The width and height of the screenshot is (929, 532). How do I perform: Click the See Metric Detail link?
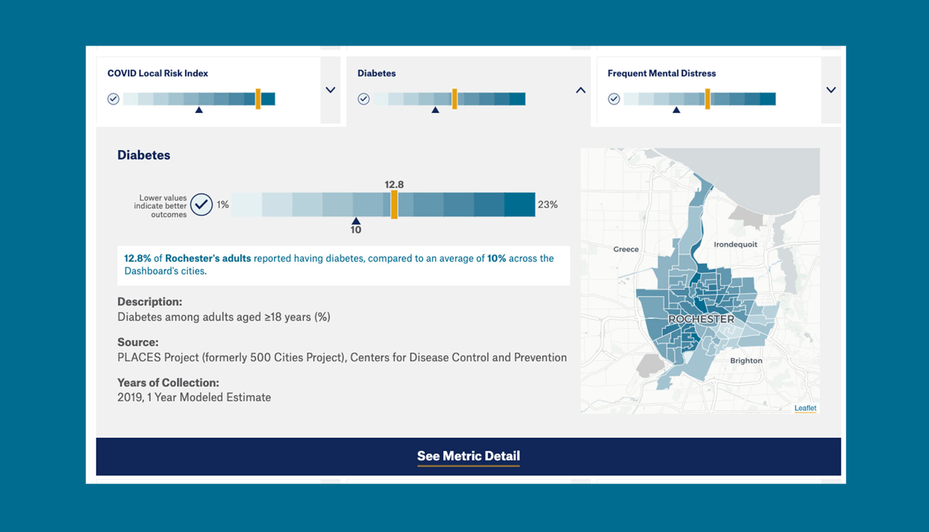[468, 456]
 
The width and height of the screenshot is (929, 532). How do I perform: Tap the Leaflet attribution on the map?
[805, 408]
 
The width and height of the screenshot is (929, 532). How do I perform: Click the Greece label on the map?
[626, 249]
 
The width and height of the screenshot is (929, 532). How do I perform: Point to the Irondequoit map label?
[735, 244]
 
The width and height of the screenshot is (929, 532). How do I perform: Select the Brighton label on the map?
[746, 360]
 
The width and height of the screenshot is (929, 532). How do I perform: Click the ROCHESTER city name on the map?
[701, 319]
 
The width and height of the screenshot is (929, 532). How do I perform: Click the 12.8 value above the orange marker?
[394, 184]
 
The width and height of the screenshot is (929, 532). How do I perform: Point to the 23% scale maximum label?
[548, 205]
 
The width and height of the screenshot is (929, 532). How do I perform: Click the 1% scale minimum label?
[222, 205]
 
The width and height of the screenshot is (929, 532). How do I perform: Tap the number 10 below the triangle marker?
[356, 230]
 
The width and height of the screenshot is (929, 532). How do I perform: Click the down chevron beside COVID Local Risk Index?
[331, 90]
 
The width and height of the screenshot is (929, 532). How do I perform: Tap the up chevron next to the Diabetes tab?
[581, 90]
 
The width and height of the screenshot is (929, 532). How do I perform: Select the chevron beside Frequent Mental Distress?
[831, 90]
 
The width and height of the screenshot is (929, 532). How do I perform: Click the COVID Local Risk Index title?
[157, 73]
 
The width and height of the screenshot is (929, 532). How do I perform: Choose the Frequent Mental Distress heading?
[661, 73]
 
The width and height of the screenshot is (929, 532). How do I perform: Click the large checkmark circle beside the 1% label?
[201, 204]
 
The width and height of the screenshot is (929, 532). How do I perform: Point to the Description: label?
[150, 301]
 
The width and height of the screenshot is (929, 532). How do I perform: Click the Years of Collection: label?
[168, 382]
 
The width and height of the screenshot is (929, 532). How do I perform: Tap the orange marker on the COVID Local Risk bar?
[258, 99]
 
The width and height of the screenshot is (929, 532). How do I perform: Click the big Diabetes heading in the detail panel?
[144, 155]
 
